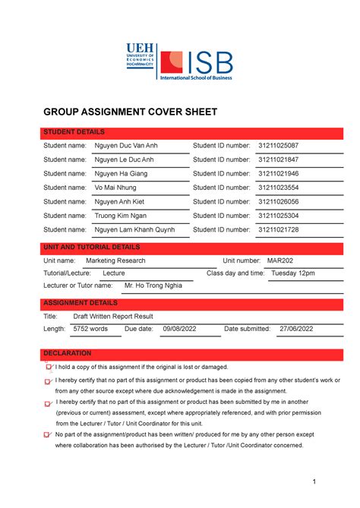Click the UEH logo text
pyautogui.click(x=140, y=49)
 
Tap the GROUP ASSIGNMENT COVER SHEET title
pyautogui.click(x=130, y=112)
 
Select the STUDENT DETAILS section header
pyautogui.click(x=74, y=132)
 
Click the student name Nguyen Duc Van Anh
pyautogui.click(x=126, y=146)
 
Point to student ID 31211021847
pyautogui.click(x=278, y=160)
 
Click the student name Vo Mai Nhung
pyautogui.click(x=118, y=188)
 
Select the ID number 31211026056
pyautogui.click(x=278, y=202)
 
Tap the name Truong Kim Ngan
pyautogui.click(x=121, y=216)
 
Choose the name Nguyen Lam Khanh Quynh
pyautogui.click(x=134, y=229)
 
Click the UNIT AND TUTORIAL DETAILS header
pyautogui.click(x=91, y=248)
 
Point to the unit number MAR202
pyautogui.click(x=280, y=260)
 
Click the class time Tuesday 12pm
pyautogui.click(x=292, y=273)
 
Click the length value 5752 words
pyautogui.click(x=90, y=330)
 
